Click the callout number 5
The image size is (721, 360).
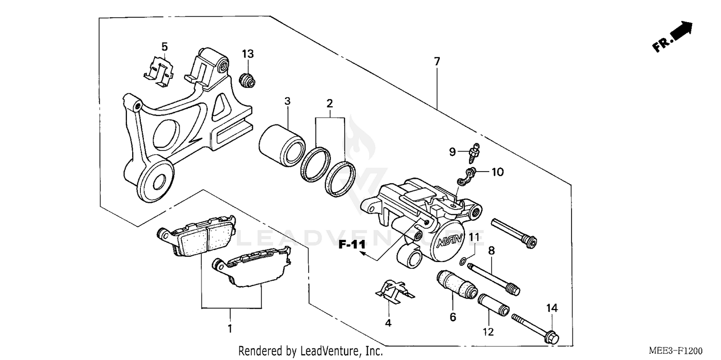(164, 47)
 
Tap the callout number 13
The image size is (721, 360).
(248, 54)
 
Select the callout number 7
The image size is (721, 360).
(436, 61)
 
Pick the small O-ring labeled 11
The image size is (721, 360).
(462, 262)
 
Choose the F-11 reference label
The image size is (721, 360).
(352, 245)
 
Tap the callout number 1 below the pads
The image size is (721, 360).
(230, 329)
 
